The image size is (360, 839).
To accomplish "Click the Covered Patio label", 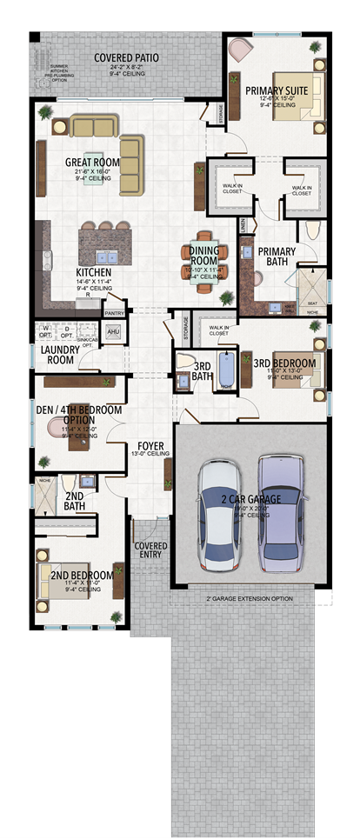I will click(126, 58).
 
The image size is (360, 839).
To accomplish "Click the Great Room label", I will click(91, 163).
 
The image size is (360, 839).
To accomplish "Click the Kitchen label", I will click(93, 272).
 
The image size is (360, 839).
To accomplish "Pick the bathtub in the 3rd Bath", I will click(226, 369).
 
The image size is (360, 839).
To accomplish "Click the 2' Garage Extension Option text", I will click(248, 599).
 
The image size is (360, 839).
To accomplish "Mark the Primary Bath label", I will click(277, 256).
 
